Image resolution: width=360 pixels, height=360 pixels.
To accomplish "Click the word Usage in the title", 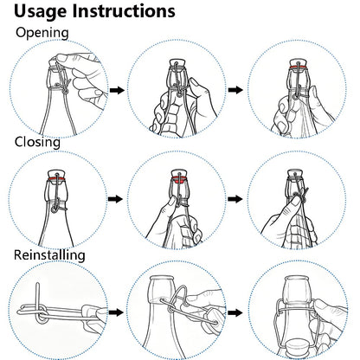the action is coord(41,11).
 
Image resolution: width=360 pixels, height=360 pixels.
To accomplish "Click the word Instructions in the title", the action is coord(124,10).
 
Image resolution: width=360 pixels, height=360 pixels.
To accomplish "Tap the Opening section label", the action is coord(42,33).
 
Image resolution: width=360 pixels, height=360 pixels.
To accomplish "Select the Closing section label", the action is coord(37,143).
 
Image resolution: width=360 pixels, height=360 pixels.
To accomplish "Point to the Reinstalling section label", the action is coord(49,255).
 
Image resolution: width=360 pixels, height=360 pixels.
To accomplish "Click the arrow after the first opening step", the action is coord(117,90).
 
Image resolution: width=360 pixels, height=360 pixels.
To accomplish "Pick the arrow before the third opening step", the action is coord(235,90).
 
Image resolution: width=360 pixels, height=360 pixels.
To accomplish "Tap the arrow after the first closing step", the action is coord(115,199).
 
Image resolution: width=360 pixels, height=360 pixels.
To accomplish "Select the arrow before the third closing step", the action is coord(235,199).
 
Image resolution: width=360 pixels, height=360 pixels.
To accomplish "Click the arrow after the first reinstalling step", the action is coord(116,312).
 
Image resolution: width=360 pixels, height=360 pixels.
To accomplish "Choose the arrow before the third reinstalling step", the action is coord(235,312).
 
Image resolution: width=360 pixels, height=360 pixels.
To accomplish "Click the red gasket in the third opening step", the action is coord(297,67).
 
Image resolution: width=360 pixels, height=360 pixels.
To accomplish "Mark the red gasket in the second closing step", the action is coord(179,181).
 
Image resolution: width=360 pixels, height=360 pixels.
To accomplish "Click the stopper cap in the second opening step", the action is coord(177,63).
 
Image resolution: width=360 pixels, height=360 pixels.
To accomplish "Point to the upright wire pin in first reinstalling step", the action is coord(38,300).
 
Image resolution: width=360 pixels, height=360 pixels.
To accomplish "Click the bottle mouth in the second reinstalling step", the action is coord(162,279).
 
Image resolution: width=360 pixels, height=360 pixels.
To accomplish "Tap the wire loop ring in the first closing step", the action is coord(55,209).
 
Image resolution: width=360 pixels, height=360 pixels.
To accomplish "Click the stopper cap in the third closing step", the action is coord(295,173).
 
